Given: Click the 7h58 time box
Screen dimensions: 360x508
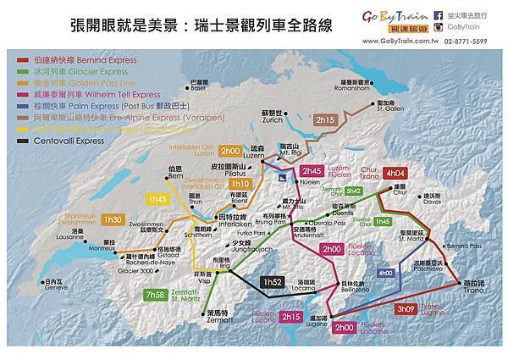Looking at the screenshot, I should [155, 295].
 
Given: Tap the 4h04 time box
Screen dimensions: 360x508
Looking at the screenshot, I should [395, 173].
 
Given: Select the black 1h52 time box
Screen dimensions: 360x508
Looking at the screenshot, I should [273, 282].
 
